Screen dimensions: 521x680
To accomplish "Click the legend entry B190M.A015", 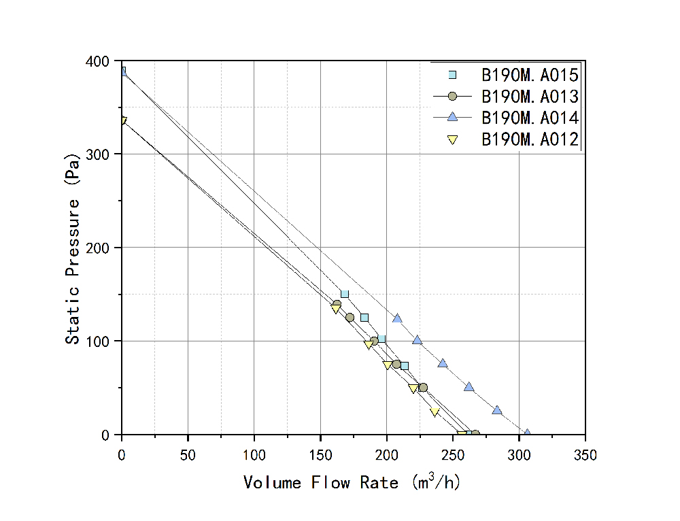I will tap(530, 74).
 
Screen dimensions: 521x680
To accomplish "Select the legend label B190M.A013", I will tap(530, 96).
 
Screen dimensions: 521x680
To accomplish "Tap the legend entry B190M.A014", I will tap(530, 118).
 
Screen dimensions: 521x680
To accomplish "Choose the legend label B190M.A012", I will tap(530, 139).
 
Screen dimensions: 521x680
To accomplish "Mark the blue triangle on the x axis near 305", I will tap(526, 433).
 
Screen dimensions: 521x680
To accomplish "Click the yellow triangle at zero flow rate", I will tap(122, 121).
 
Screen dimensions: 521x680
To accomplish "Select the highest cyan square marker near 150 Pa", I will tap(345, 294).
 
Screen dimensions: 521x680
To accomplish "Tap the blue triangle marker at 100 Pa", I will tap(418, 340).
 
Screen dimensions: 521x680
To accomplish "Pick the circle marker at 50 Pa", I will tap(423, 388).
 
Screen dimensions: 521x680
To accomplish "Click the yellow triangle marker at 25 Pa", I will tap(435, 411).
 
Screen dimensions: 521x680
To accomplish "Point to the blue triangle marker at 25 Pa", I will tap(497, 410).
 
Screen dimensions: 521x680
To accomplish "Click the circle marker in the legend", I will tap(452, 96).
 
